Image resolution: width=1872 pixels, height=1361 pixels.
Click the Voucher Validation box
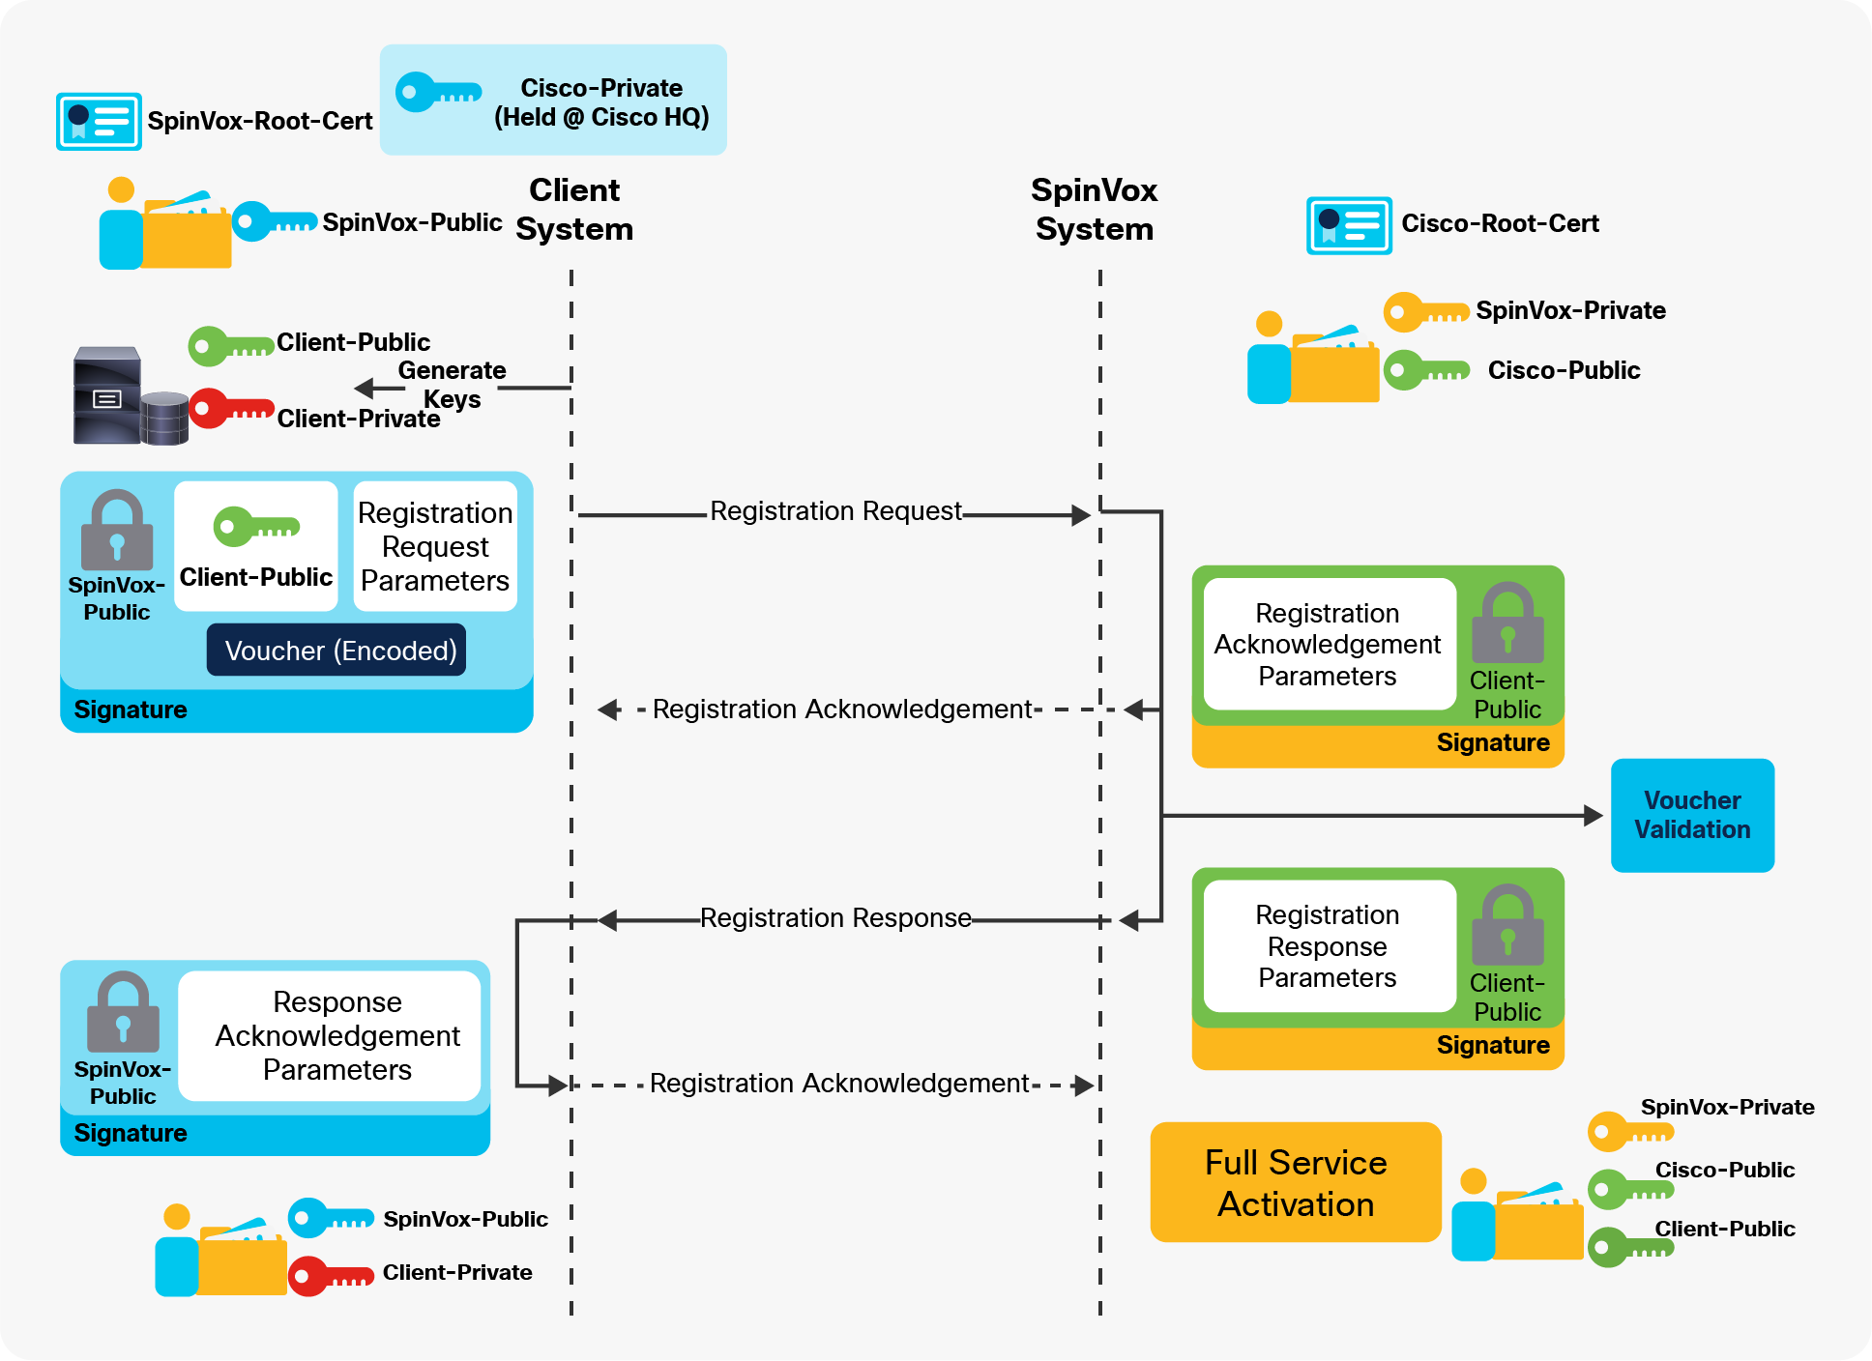coord(1691,815)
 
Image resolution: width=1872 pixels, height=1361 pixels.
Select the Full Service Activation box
coord(1295,1182)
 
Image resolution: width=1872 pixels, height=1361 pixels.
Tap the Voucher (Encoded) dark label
coord(336,651)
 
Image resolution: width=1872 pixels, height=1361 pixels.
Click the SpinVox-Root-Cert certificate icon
coord(99,121)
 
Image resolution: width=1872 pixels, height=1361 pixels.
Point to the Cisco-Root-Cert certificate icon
coord(1348,225)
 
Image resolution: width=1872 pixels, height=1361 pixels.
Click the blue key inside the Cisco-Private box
coord(437,93)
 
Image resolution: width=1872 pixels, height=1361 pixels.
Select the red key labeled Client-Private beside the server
coord(231,409)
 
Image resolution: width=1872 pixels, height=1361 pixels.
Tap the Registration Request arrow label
coord(835,511)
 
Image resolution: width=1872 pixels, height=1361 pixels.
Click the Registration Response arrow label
coord(835,918)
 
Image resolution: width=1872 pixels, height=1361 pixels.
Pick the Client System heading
coord(574,210)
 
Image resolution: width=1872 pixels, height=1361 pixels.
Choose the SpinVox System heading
coord(1094,210)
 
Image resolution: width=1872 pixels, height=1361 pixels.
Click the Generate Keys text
coord(452,385)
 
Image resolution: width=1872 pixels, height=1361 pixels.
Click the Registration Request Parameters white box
coord(435,546)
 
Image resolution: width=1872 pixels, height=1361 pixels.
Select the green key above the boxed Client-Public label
coord(255,527)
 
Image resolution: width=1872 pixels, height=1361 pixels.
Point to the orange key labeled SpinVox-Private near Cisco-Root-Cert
coord(1425,312)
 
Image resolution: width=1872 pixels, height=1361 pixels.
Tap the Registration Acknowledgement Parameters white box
coord(1329,644)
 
